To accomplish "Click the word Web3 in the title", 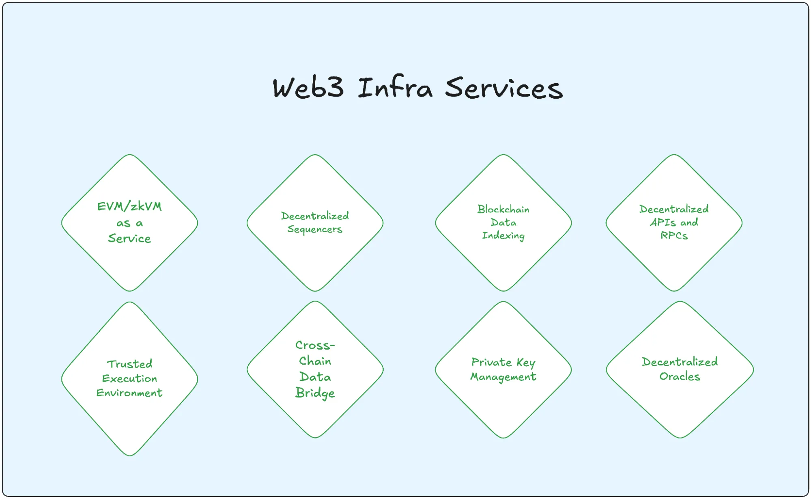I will point(308,88).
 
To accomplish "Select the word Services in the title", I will point(504,88).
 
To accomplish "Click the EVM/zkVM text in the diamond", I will point(129,206).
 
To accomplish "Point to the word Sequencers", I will point(315,229).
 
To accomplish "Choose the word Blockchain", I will point(503,209).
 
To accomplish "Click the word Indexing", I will point(503,236).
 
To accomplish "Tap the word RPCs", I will point(674,235).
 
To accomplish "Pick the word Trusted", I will point(129,364).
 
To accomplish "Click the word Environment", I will point(129,393).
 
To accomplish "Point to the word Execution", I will point(129,378).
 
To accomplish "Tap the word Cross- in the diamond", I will point(315,345).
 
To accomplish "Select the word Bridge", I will point(315,393).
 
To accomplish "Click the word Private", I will point(491,362).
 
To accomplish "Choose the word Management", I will point(503,377).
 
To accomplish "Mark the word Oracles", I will point(680,376).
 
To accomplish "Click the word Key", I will point(526,362).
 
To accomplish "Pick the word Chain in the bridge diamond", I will point(315,361).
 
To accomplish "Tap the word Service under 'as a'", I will point(129,238).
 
